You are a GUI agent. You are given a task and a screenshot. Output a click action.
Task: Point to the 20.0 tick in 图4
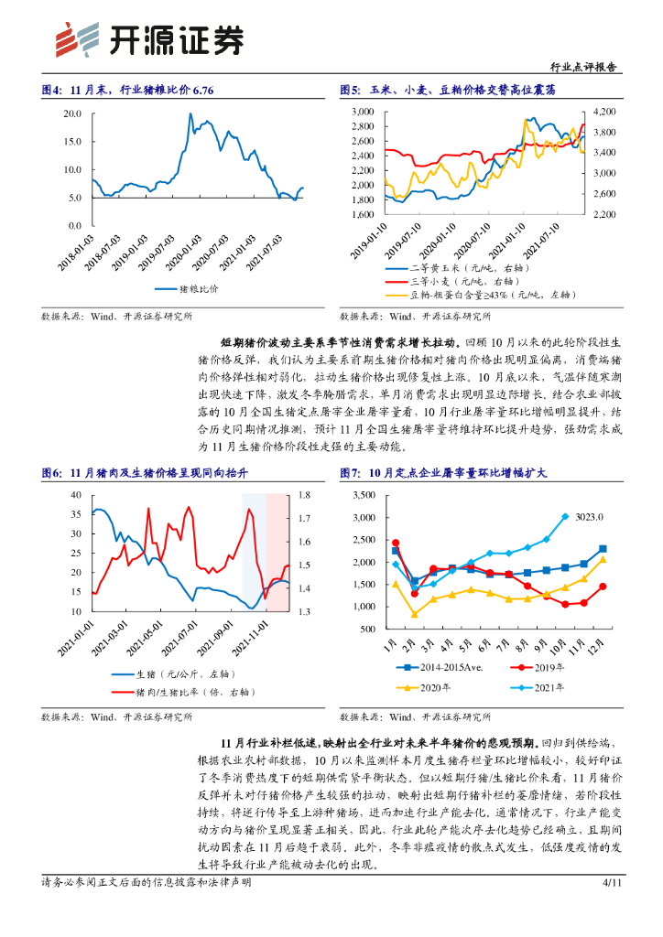pos(73,114)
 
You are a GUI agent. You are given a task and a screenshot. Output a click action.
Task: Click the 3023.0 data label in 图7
pos(591,516)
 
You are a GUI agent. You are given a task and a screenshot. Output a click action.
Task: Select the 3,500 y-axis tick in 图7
pos(364,495)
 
